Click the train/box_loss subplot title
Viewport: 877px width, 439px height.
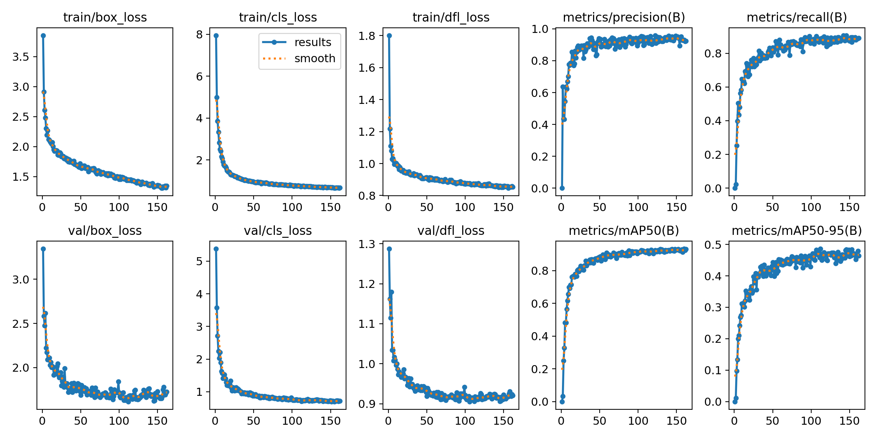(x=105, y=17)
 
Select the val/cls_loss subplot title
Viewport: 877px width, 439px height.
(x=278, y=230)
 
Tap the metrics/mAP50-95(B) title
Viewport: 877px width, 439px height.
(x=797, y=230)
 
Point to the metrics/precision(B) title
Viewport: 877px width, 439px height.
(x=624, y=17)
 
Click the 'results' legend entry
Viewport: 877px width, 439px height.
(x=313, y=42)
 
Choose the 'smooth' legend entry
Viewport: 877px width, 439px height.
(x=315, y=59)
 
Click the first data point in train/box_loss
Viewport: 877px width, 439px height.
(x=43, y=35)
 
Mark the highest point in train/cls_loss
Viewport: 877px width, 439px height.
(x=216, y=35)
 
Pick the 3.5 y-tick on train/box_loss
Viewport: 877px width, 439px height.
(x=20, y=57)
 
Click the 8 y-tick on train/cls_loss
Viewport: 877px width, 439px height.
(x=199, y=35)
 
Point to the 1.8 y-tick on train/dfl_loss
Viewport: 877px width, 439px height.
(x=366, y=36)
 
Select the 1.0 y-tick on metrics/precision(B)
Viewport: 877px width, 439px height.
(x=540, y=29)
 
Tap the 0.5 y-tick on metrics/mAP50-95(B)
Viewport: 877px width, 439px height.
(x=713, y=244)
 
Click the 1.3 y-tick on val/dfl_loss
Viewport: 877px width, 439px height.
(x=366, y=244)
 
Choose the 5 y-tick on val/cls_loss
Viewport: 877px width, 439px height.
(x=199, y=261)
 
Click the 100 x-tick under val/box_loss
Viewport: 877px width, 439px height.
(x=119, y=421)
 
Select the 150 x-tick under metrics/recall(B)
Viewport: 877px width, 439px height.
(x=850, y=207)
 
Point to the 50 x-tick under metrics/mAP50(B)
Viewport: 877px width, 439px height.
(x=600, y=421)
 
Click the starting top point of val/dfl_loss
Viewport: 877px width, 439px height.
(x=389, y=249)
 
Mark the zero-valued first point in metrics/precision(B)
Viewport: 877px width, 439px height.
(x=562, y=188)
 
